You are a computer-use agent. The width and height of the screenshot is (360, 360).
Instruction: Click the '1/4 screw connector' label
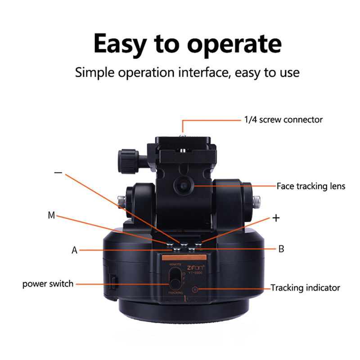point(283,120)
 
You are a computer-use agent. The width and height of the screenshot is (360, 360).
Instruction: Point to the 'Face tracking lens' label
point(311,186)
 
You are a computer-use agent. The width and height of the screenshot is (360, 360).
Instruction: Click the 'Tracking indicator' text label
point(305,288)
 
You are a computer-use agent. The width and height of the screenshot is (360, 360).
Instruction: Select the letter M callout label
point(51,216)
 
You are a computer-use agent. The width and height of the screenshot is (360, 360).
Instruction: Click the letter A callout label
point(75,250)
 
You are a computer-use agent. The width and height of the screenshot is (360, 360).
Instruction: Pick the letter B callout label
point(281,249)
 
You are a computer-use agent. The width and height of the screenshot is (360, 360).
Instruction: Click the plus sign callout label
point(276,218)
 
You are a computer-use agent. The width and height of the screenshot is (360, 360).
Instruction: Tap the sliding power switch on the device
point(175,284)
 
